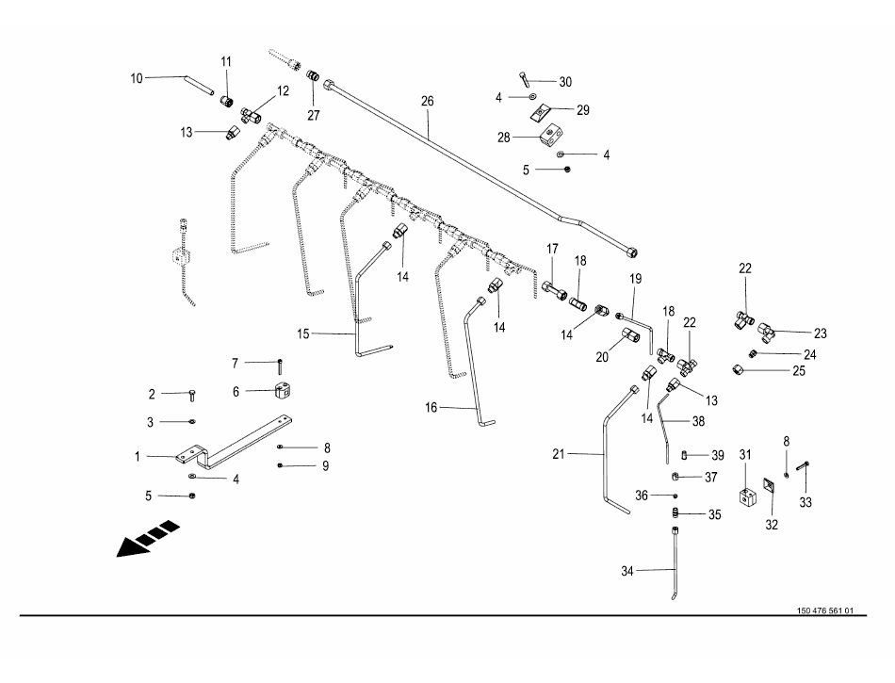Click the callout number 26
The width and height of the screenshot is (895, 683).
(427, 101)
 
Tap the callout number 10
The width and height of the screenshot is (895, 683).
(137, 78)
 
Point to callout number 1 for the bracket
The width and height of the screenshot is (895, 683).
(138, 457)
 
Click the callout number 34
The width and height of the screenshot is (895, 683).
(627, 571)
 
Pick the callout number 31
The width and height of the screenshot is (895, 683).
(745, 455)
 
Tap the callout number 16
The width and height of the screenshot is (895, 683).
(431, 408)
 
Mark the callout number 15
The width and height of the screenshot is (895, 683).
(303, 333)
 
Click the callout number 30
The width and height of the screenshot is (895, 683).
(565, 82)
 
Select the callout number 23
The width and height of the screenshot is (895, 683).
(820, 333)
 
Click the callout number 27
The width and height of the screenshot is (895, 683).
(313, 116)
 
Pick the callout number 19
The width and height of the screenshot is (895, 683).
(635, 279)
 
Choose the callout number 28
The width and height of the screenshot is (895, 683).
(504, 137)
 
